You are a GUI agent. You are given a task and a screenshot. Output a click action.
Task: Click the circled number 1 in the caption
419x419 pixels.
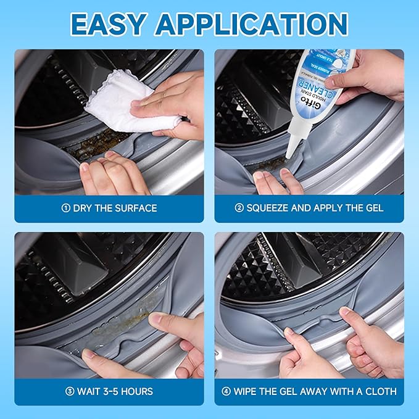tap(65, 208)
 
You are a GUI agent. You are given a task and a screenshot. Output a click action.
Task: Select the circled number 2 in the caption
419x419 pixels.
tap(239, 208)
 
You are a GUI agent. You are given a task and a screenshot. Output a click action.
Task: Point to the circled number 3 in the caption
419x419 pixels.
tap(70, 391)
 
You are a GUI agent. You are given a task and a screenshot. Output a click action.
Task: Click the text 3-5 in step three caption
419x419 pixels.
tap(112, 391)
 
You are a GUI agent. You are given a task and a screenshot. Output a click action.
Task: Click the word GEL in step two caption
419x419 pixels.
tap(373, 208)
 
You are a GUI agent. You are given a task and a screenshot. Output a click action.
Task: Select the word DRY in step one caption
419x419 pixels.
tap(83, 208)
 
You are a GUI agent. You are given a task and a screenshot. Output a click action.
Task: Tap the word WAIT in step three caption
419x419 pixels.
tap(89, 391)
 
